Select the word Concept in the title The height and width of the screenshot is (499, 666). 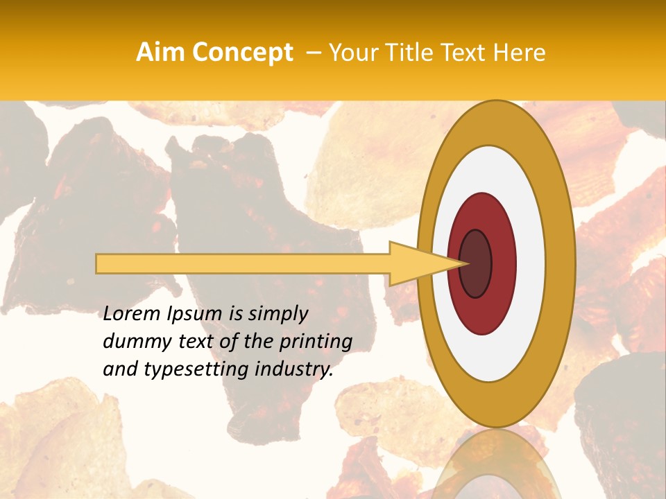click(x=242, y=53)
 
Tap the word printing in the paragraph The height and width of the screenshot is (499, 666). click(x=316, y=342)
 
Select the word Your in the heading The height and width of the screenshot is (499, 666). click(x=350, y=53)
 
